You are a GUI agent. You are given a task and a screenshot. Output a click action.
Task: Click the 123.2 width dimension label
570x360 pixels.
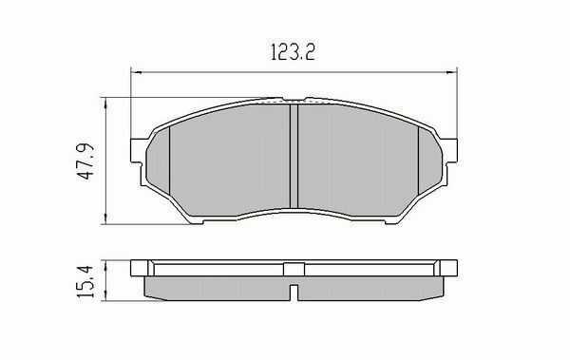point(293,52)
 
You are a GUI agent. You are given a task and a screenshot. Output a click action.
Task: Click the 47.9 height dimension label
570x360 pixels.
point(86,161)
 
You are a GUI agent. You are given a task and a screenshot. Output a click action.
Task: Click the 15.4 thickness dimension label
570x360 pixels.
point(85,281)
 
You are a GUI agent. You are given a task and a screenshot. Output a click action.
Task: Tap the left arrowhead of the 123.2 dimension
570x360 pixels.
point(135,72)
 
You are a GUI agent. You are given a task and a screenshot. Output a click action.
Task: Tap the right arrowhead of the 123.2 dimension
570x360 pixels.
point(452,72)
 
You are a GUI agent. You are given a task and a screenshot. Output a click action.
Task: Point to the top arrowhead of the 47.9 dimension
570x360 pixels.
point(105,103)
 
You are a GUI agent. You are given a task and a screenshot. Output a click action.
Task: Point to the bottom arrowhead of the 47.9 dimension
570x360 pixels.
point(105,218)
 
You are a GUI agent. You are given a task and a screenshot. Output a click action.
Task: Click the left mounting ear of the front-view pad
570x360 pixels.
point(138,150)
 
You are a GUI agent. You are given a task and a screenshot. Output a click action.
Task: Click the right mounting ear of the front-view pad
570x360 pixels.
point(449,150)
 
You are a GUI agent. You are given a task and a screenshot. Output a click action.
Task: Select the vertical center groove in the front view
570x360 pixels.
point(294,157)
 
